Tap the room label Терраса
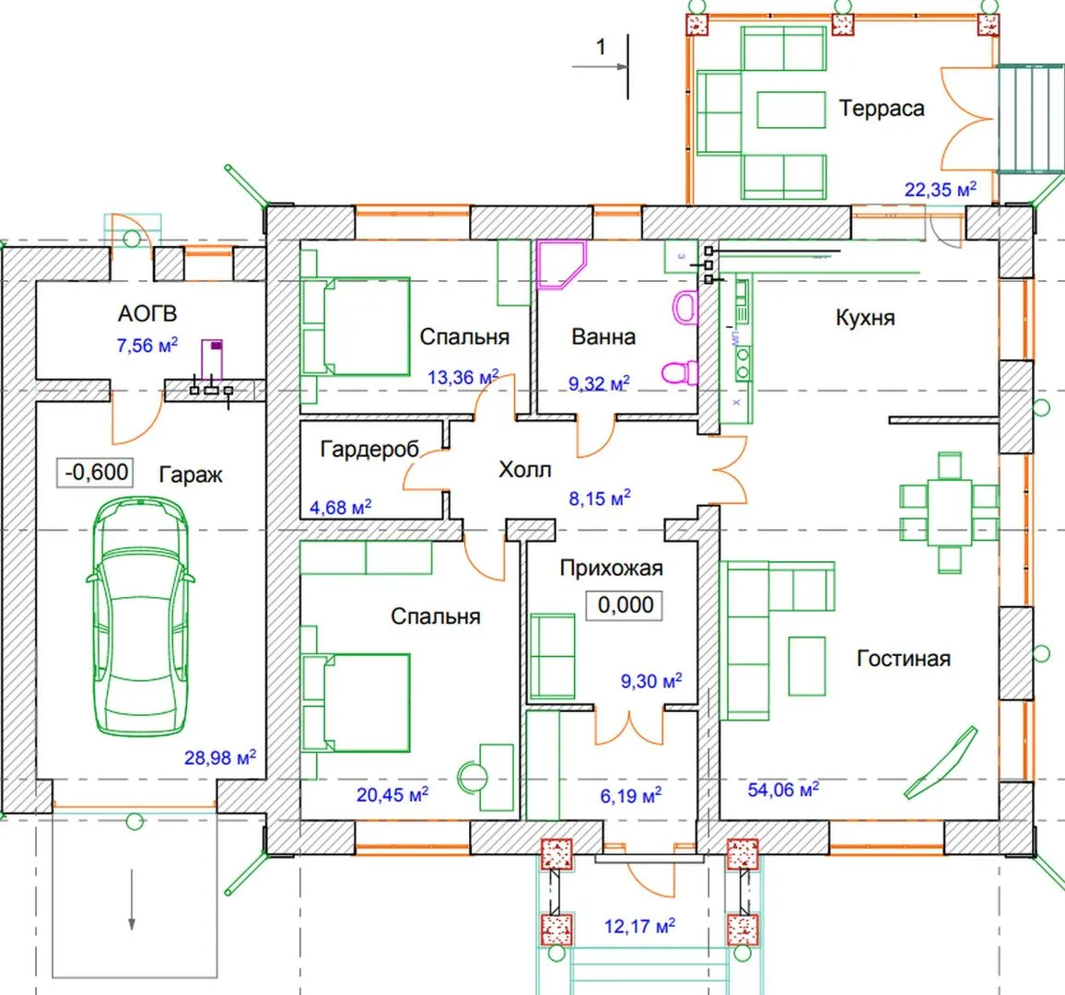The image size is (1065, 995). tap(882, 109)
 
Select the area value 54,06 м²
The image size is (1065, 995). tap(783, 790)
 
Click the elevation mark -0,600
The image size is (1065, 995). tap(96, 472)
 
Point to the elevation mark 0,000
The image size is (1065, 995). tap(625, 604)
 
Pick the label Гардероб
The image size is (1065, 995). tap(369, 450)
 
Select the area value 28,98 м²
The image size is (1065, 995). tap(220, 756)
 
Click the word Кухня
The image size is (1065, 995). tap(865, 318)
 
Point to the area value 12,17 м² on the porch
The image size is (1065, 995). tap(639, 926)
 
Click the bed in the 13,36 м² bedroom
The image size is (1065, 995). tap(356, 327)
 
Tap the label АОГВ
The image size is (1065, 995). tap(147, 314)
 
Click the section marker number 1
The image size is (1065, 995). tap(601, 46)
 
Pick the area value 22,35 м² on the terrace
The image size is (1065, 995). tap(940, 190)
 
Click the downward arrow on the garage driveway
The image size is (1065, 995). tap(132, 899)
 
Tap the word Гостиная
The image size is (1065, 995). tap(904, 658)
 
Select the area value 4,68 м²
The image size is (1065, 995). tap(340, 508)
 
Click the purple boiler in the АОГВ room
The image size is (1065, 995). tap(212, 359)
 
